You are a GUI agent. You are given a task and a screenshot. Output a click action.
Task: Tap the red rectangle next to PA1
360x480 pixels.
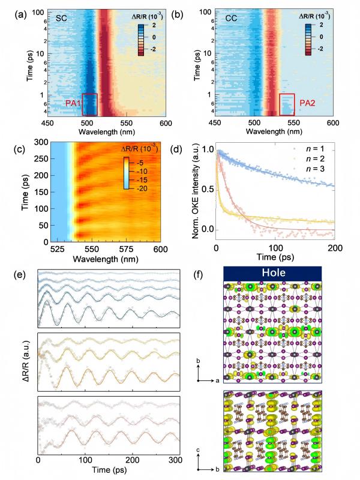click(89, 104)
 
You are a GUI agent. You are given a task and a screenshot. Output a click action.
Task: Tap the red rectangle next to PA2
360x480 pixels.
click(287, 104)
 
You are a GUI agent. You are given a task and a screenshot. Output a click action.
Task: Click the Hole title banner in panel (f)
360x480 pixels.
click(274, 274)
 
